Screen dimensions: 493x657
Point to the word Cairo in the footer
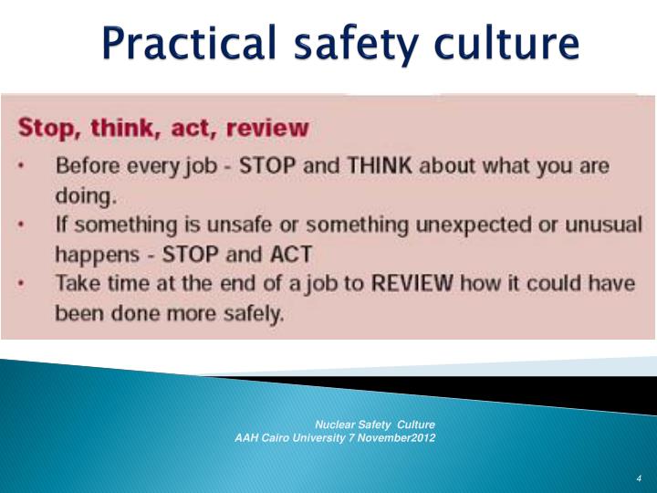[274, 437]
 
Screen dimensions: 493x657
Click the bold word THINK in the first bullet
[377, 169]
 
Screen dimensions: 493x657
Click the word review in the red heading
[265, 128]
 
